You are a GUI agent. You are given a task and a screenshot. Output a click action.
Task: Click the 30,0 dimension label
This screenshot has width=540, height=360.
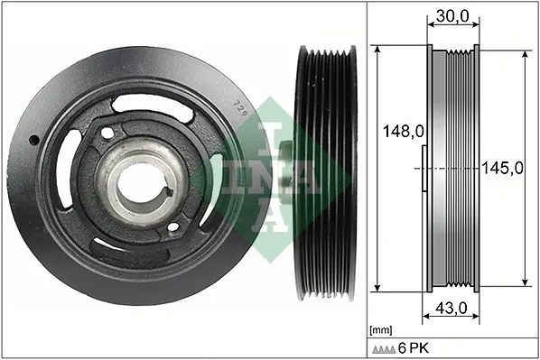[x=452, y=16]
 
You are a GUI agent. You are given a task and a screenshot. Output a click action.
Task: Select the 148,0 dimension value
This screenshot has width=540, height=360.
[x=404, y=131]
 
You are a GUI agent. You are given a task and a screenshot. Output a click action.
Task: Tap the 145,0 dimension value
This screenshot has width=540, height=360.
[x=502, y=168]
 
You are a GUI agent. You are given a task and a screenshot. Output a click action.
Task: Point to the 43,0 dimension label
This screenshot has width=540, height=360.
[x=452, y=308]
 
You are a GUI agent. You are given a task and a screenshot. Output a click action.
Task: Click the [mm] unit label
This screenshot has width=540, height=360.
[x=380, y=331]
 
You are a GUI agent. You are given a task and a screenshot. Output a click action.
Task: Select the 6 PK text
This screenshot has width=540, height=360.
[x=414, y=348]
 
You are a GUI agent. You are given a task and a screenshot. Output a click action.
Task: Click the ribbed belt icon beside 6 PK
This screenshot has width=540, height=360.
[x=384, y=349]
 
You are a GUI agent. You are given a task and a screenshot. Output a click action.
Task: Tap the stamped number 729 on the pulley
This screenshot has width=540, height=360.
[x=240, y=107]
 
